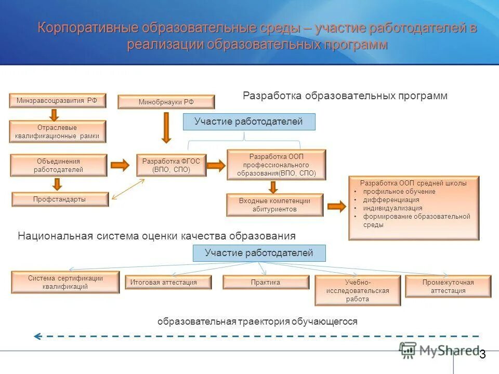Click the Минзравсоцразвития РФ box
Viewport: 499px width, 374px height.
(x=58, y=100)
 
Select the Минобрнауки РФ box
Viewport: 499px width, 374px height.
(x=166, y=102)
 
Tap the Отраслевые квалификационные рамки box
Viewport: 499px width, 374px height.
(x=58, y=131)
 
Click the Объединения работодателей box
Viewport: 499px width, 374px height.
(x=59, y=165)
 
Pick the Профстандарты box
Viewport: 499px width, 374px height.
(x=60, y=199)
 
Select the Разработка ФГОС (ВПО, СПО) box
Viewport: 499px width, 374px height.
(x=171, y=165)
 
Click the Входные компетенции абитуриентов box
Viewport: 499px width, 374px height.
(x=274, y=205)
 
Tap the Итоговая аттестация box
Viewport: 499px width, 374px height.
(x=168, y=282)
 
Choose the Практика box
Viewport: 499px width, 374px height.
(x=266, y=282)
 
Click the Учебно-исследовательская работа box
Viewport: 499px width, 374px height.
(x=358, y=290)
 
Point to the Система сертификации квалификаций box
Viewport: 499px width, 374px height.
(x=65, y=282)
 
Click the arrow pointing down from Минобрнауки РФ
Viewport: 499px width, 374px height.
(x=166, y=127)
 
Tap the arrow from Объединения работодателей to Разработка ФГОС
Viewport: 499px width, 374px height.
(x=120, y=165)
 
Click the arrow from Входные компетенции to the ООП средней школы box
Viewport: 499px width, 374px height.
(x=336, y=207)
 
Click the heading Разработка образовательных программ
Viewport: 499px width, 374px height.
(x=345, y=96)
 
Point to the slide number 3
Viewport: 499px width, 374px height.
(x=482, y=354)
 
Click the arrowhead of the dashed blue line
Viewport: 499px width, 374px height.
(x=37, y=336)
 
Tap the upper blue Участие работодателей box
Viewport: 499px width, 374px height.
(x=249, y=122)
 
